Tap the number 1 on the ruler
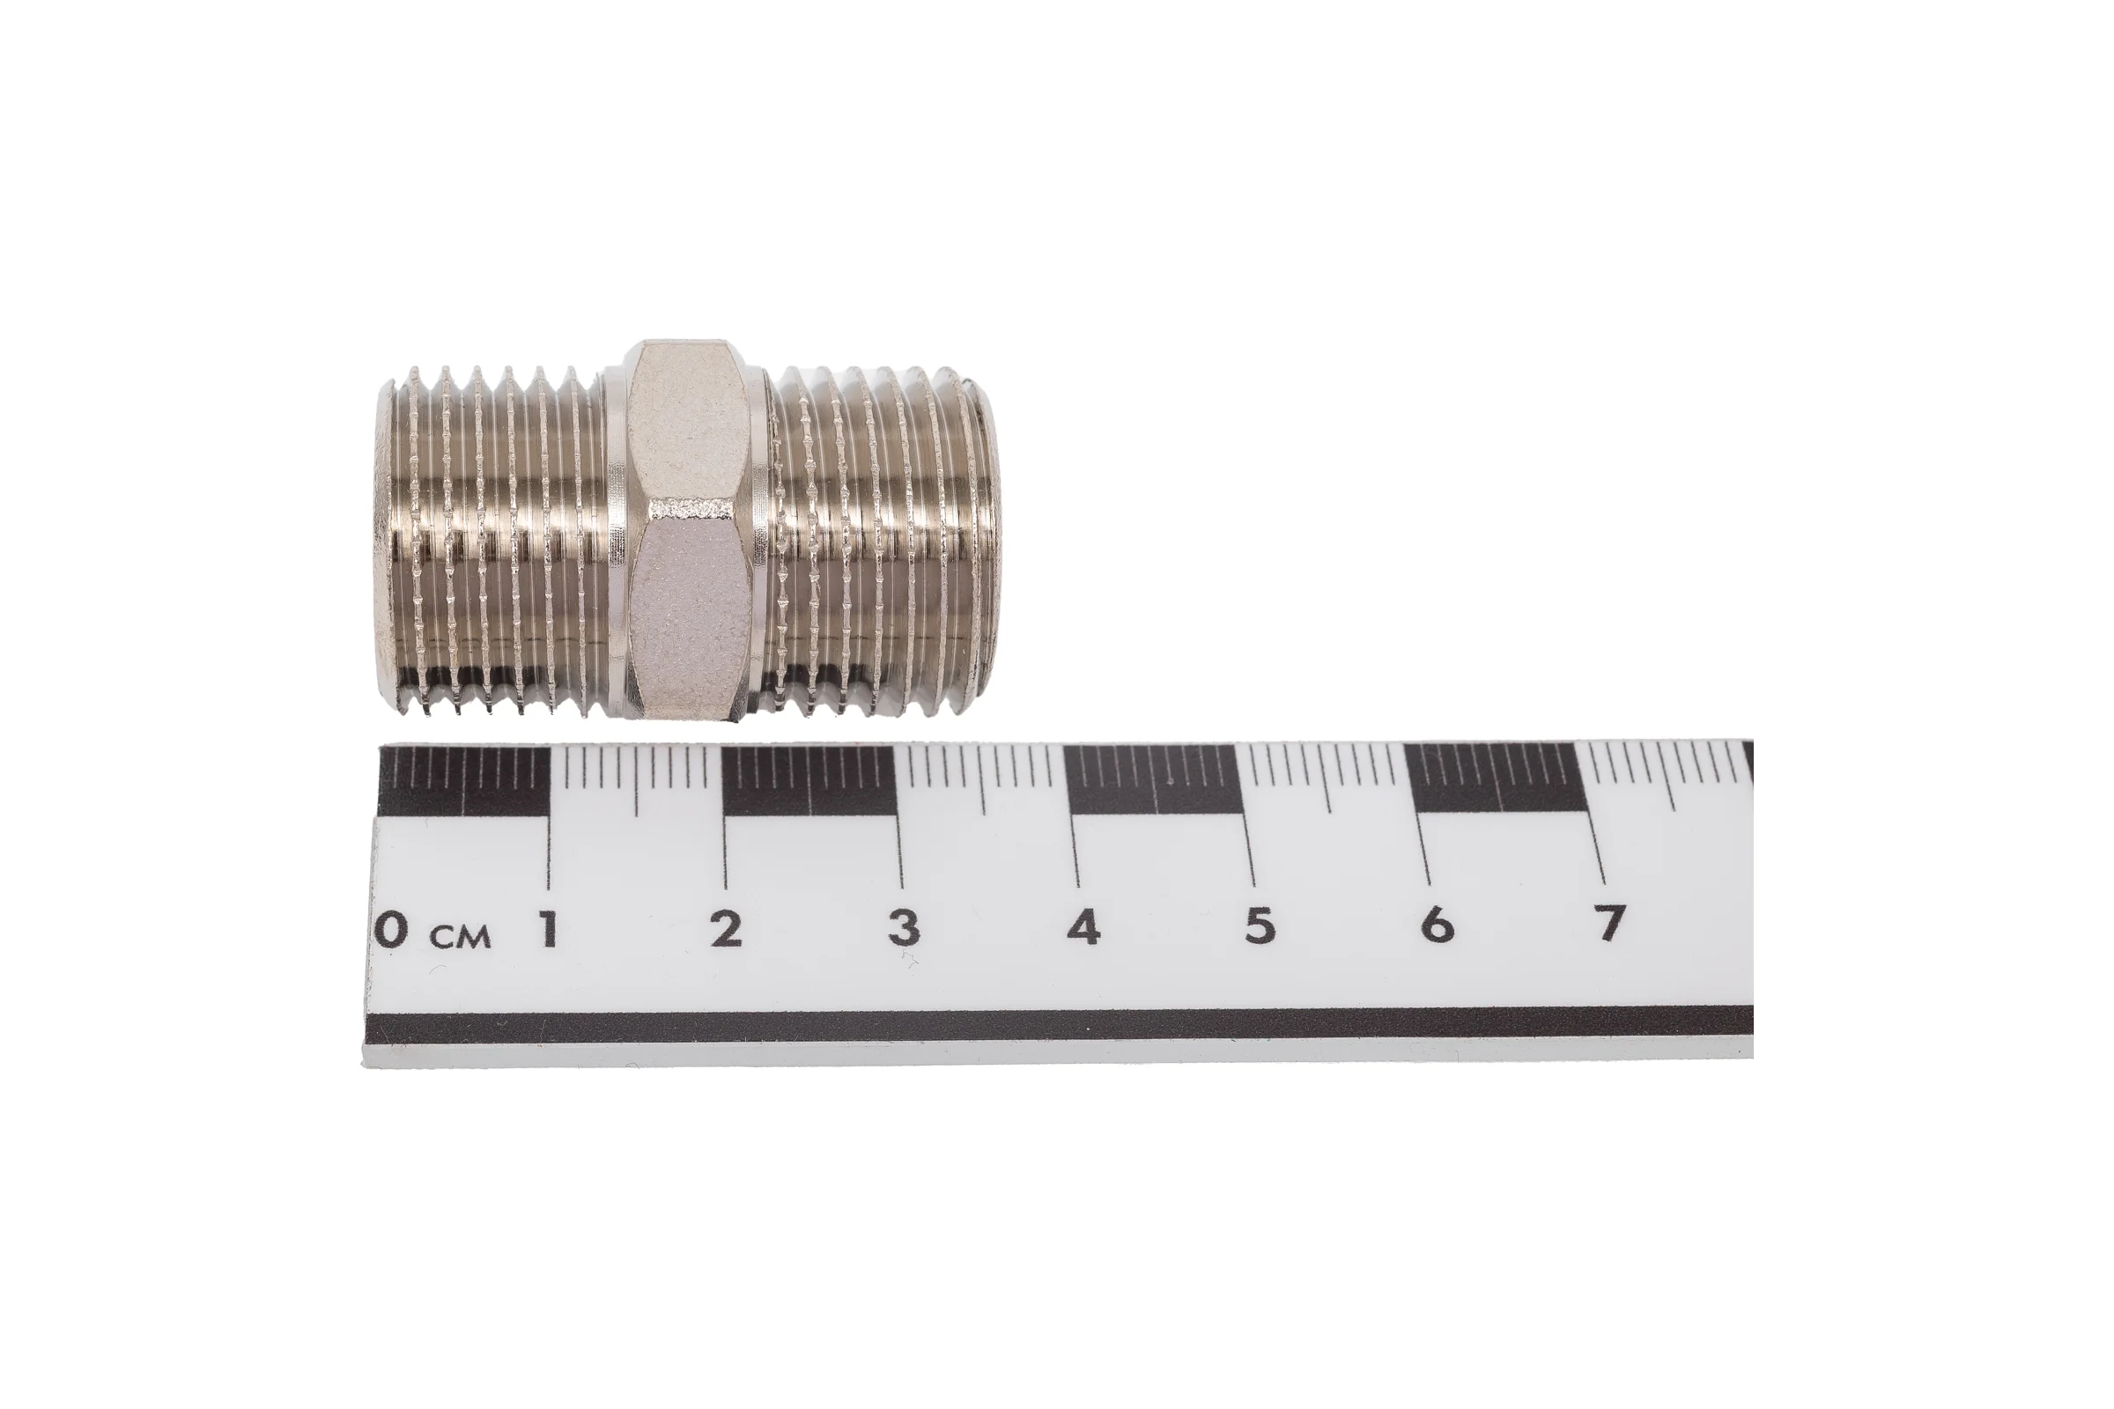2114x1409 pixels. [x=546, y=928]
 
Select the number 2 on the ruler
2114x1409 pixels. [x=726, y=926]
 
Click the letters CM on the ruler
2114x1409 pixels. [x=460, y=938]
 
